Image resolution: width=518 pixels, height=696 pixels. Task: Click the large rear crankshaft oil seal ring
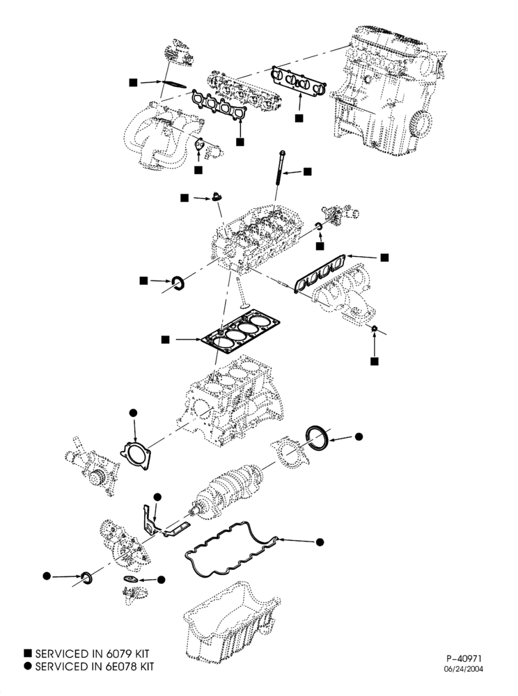(317, 437)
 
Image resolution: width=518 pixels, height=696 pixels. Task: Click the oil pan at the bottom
(232, 626)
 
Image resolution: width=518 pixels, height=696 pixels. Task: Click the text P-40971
(464, 659)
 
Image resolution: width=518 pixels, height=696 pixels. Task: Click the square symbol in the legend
(29, 653)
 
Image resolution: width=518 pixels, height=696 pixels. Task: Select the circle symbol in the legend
(29, 666)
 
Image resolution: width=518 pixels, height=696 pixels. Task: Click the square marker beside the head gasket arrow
(165, 340)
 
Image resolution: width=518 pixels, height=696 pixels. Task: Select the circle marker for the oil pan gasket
(320, 542)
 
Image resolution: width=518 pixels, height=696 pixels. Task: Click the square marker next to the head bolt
(308, 171)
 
